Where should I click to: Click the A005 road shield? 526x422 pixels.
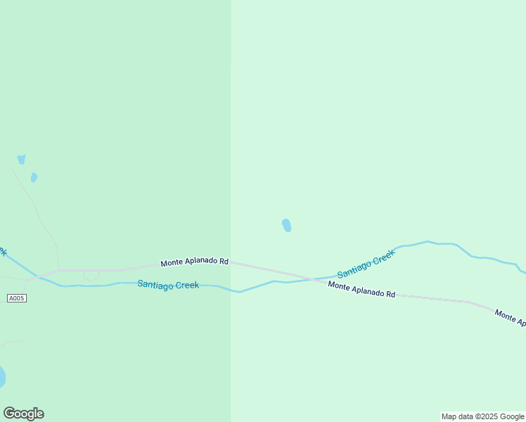click(x=17, y=298)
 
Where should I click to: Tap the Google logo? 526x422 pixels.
click(x=23, y=414)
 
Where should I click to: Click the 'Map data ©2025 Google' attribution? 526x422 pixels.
click(x=482, y=416)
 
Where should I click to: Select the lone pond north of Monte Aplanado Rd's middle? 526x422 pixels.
click(x=286, y=225)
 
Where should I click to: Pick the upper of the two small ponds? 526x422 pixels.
click(x=21, y=160)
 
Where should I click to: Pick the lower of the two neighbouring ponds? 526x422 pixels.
click(x=34, y=177)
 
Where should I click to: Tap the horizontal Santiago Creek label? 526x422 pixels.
click(x=168, y=285)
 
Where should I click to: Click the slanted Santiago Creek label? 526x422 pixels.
click(x=366, y=264)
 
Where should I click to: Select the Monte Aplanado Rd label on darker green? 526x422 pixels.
click(x=194, y=262)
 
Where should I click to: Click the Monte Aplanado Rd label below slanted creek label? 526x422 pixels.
click(x=361, y=289)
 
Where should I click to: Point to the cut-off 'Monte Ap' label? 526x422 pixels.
click(x=510, y=317)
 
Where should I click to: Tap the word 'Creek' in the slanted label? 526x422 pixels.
click(x=384, y=257)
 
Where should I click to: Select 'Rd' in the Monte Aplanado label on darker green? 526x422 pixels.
click(x=224, y=262)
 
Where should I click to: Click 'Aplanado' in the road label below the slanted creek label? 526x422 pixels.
click(x=366, y=290)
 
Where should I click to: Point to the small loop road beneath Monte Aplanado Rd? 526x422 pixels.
click(x=91, y=276)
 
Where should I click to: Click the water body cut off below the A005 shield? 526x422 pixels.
click(x=2, y=376)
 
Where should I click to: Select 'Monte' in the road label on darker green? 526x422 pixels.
click(x=172, y=264)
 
